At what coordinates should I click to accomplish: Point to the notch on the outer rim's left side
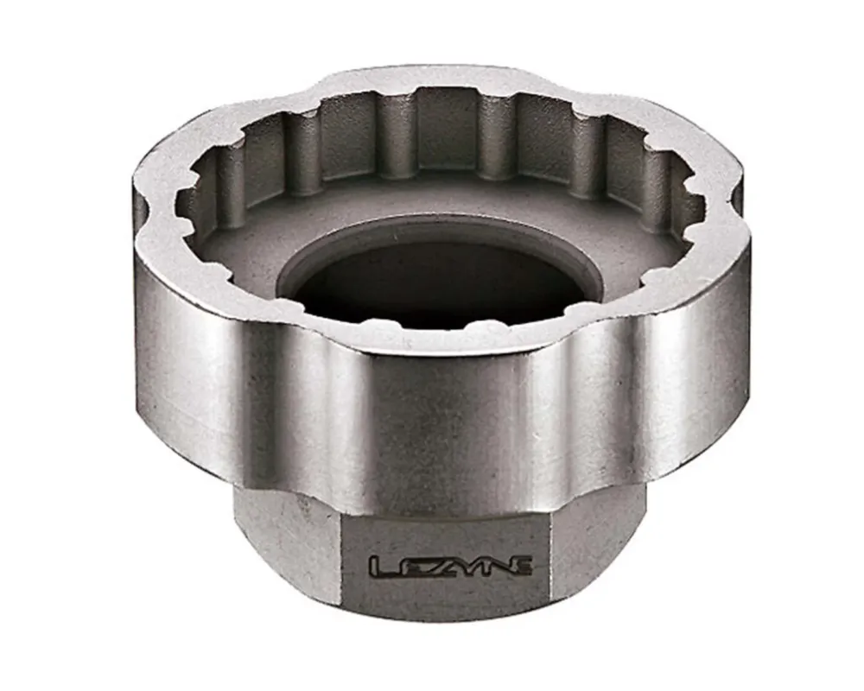coord(143,212)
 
